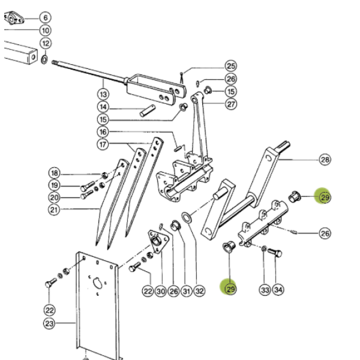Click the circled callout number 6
45,17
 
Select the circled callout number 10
45,31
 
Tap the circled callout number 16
103,132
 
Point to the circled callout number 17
103,145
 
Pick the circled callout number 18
55,173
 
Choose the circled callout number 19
55,185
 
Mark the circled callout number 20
55,197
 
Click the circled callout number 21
54,209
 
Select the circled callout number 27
231,104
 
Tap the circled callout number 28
325,160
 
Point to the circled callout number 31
187,291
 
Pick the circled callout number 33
265,290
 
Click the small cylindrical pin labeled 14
148,111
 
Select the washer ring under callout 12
44,59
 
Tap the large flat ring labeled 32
187,217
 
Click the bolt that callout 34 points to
275,253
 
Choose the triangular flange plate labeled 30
157,241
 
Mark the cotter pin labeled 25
182,78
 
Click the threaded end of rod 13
55,62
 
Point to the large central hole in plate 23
98,283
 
